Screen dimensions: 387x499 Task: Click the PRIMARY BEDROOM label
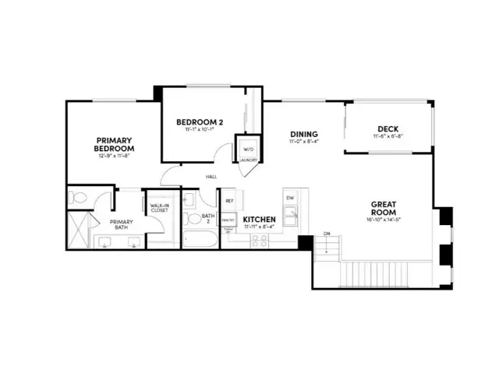tap(115, 143)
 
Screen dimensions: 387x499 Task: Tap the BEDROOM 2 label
tap(200, 122)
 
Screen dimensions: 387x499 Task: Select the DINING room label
tap(304, 134)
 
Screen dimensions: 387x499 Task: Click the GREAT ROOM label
tap(384, 208)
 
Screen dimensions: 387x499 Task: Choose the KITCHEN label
tap(259, 220)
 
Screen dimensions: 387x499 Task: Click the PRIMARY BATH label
tap(122, 225)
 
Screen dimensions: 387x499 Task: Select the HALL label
tap(211, 177)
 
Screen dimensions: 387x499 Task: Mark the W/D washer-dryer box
tap(248, 149)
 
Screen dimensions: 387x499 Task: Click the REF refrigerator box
tap(230, 201)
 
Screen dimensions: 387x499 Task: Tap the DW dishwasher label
tap(289, 199)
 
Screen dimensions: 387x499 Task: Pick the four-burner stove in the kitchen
tap(259, 241)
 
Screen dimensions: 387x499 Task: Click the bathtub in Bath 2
tap(200, 238)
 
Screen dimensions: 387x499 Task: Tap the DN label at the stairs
tap(327, 234)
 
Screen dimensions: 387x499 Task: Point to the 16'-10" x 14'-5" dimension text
tap(384, 220)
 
